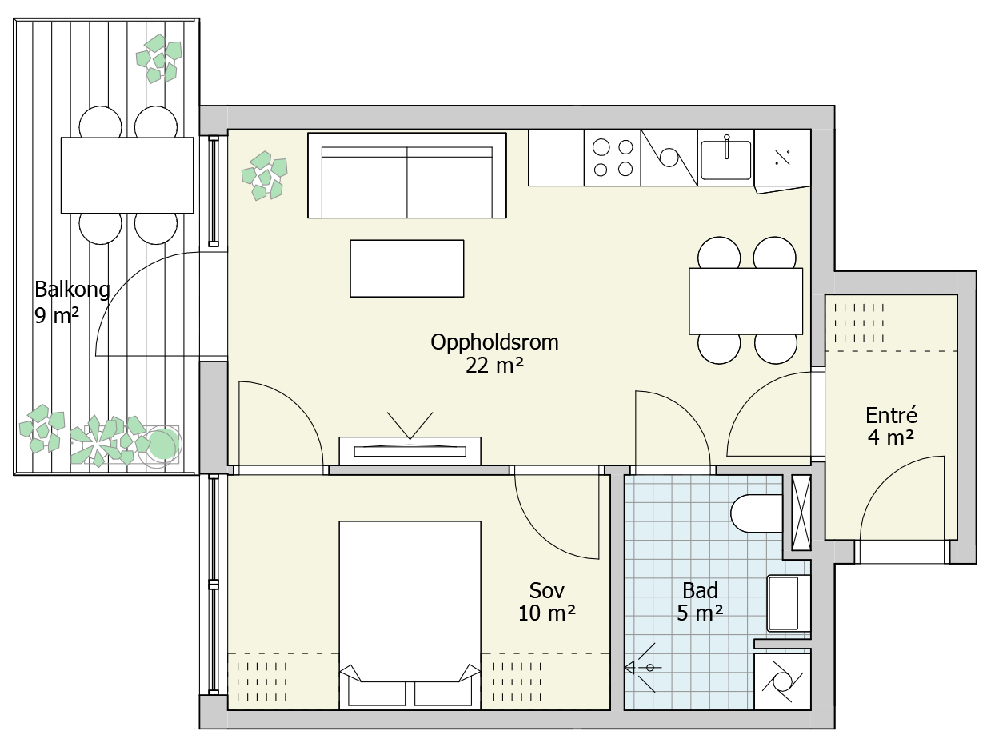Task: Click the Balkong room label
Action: pyautogui.click(x=72, y=290)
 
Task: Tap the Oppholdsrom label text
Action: pyautogui.click(x=494, y=342)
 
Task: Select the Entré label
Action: pyautogui.click(x=891, y=415)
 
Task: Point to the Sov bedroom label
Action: pyautogui.click(x=546, y=590)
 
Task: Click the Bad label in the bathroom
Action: pyautogui.click(x=700, y=590)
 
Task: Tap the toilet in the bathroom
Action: pyautogui.click(x=757, y=513)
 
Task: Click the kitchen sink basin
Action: pyautogui.click(x=726, y=160)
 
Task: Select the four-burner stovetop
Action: pyautogui.click(x=613, y=158)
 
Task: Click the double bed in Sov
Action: pyautogui.click(x=410, y=616)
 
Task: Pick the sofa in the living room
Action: pyautogui.click(x=407, y=176)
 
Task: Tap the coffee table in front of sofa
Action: pyautogui.click(x=407, y=269)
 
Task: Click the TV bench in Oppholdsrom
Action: pyautogui.click(x=410, y=451)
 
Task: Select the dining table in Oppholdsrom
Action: pyautogui.click(x=746, y=302)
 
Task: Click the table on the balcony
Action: pyautogui.click(x=127, y=175)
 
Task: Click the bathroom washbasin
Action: pyautogui.click(x=789, y=603)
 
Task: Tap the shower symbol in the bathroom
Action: pyautogui.click(x=642, y=668)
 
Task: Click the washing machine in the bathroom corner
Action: pyautogui.click(x=782, y=681)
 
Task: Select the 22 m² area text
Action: pyautogui.click(x=494, y=366)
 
